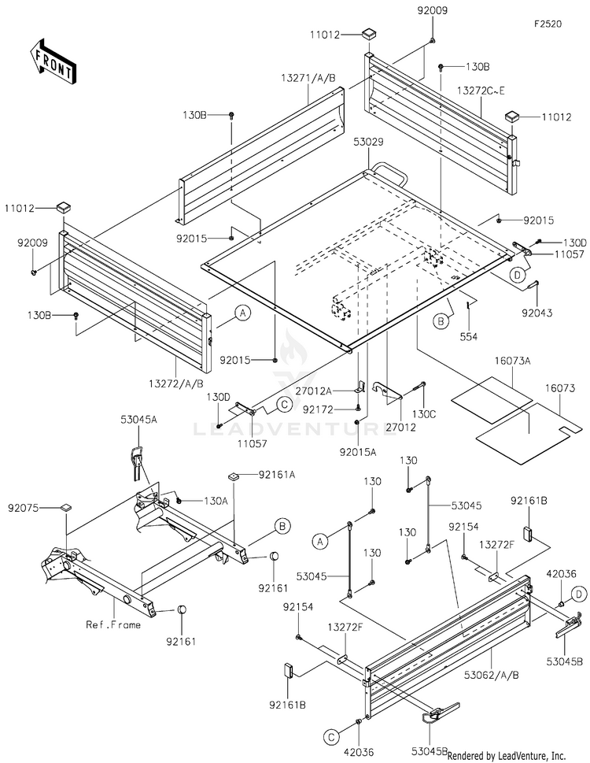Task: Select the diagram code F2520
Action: tap(548, 24)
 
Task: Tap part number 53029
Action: tap(368, 142)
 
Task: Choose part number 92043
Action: tap(537, 313)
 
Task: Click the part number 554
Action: tap(469, 336)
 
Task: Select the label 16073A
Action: tap(513, 361)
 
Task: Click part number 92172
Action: tap(318, 409)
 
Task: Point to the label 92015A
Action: tap(358, 451)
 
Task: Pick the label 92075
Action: tap(23, 508)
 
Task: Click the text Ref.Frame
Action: tap(113, 624)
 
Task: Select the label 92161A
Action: tap(277, 475)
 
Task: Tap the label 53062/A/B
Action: tap(492, 675)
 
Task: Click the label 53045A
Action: tap(139, 420)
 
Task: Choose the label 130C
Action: tap(424, 414)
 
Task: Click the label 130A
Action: tap(216, 500)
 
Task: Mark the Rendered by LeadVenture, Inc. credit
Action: tap(507, 756)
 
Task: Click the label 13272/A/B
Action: tap(176, 383)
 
